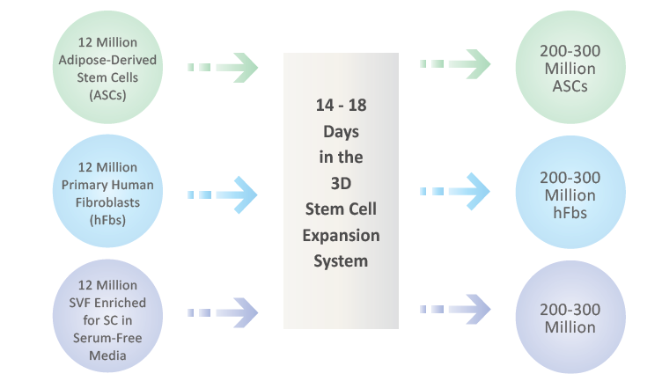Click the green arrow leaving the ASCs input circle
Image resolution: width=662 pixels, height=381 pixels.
click(x=223, y=68)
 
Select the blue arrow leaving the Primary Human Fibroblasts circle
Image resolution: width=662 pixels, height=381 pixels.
click(x=223, y=195)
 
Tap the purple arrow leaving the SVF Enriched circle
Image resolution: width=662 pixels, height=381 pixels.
click(x=223, y=312)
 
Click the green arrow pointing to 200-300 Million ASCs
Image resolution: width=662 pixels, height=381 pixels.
click(x=455, y=63)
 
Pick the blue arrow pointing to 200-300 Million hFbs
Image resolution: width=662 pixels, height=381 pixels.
click(x=455, y=191)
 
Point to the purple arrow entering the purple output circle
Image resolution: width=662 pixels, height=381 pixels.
click(x=455, y=309)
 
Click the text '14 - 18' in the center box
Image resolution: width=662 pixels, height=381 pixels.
click(x=342, y=105)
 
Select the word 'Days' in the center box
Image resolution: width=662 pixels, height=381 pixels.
click(x=342, y=132)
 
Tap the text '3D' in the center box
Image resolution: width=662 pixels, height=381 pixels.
click(x=342, y=184)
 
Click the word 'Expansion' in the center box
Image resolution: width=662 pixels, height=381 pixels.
click(x=342, y=236)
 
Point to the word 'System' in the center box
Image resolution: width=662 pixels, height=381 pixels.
click(x=341, y=261)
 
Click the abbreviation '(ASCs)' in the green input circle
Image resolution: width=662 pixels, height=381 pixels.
click(x=107, y=95)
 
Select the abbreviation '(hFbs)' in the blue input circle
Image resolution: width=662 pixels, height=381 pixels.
click(x=107, y=220)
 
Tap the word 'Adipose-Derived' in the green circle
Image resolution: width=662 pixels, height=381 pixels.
click(x=107, y=60)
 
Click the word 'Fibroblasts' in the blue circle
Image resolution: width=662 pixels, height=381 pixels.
click(x=107, y=202)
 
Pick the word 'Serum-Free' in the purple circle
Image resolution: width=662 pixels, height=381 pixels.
click(x=107, y=338)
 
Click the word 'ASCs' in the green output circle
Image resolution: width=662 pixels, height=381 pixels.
click(x=570, y=86)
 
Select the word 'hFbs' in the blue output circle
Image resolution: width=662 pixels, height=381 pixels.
click(x=570, y=213)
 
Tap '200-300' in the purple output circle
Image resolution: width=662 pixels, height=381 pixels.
click(x=570, y=310)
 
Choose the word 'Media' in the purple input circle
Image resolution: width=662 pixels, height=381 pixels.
click(x=107, y=355)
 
